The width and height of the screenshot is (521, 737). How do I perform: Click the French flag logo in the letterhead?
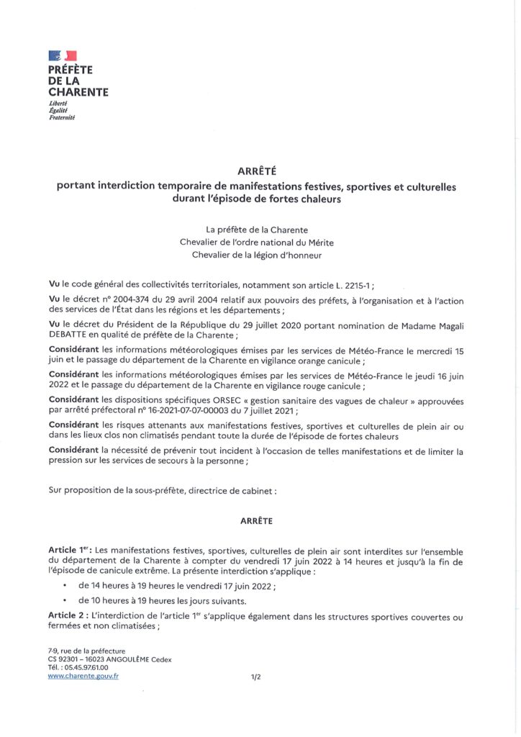coord(62,55)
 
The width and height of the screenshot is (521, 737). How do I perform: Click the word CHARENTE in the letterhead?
coord(78,92)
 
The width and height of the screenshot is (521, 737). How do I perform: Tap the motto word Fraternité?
coord(62,117)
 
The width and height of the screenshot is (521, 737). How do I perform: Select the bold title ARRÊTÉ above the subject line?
coord(256,171)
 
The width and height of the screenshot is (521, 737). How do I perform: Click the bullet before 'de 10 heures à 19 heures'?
coord(65,600)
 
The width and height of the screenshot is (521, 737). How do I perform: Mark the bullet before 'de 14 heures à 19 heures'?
coord(65,585)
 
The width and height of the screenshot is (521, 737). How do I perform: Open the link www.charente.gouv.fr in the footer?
coord(83,676)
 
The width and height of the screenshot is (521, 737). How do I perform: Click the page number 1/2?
coord(255,677)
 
